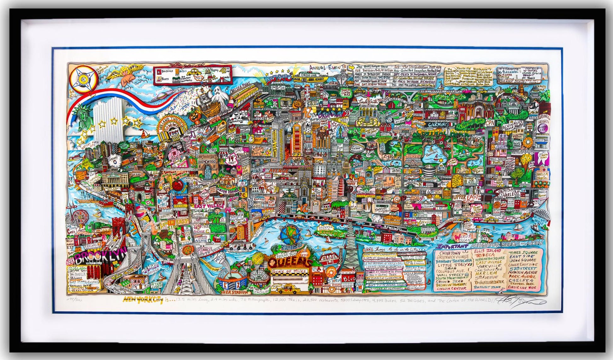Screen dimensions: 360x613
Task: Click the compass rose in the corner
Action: tap(81, 79)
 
